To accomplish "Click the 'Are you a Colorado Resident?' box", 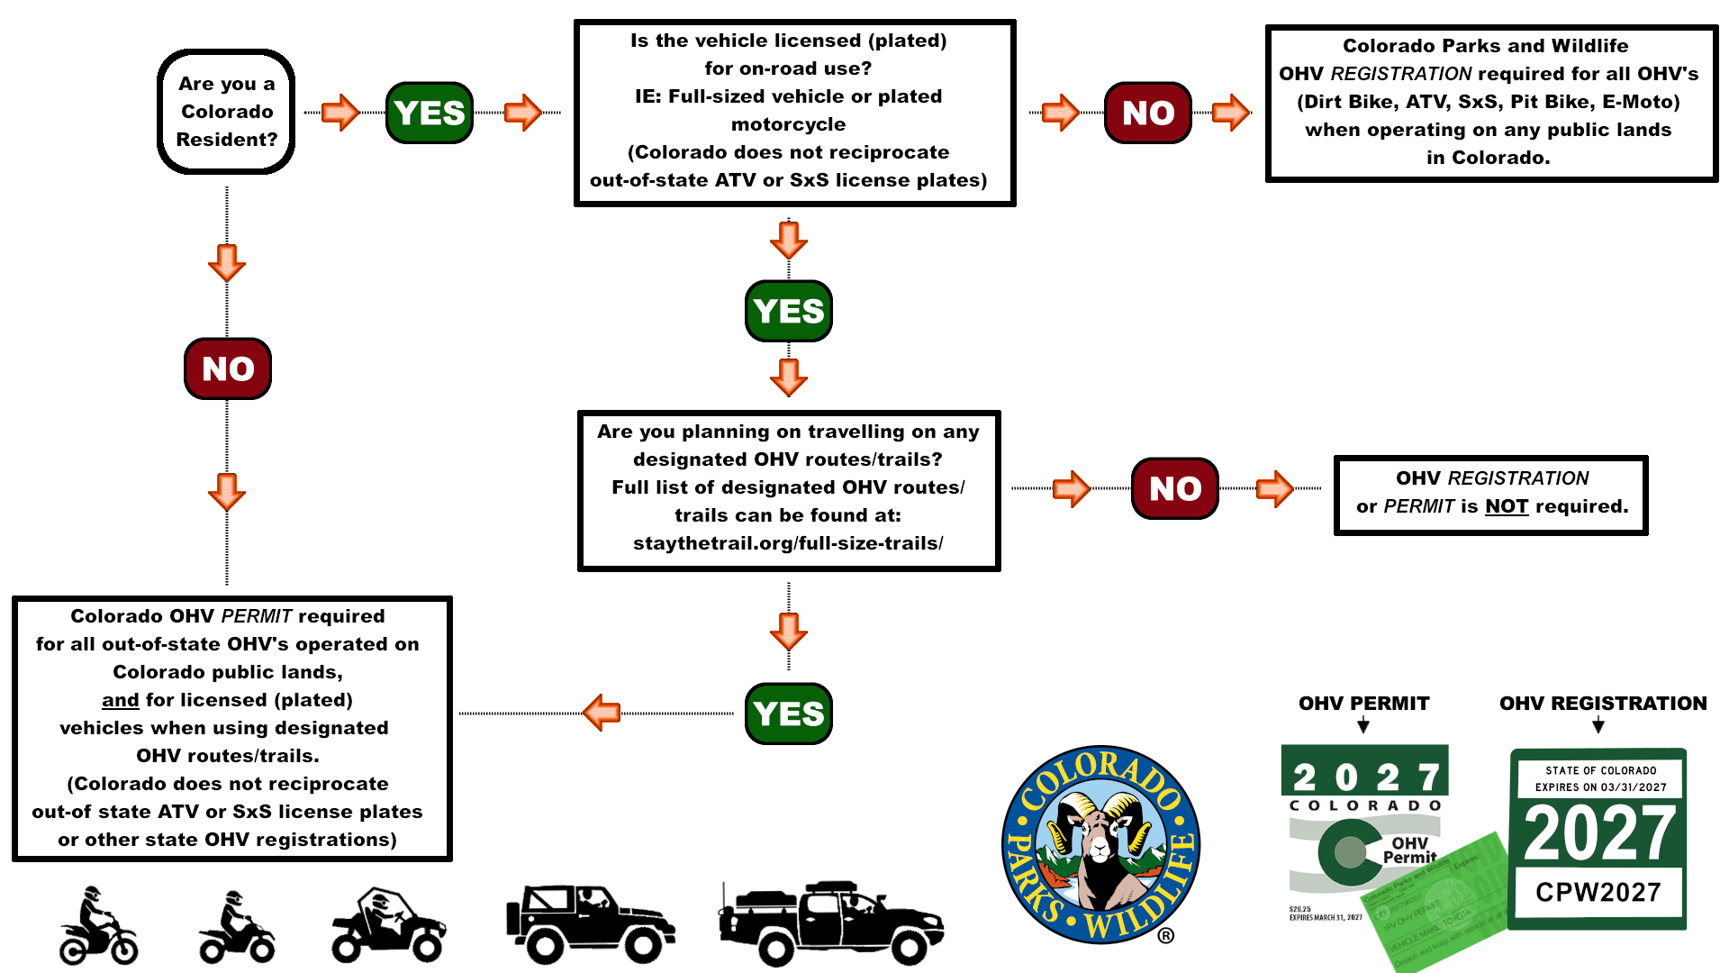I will [226, 112].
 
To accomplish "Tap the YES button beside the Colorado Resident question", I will [430, 113].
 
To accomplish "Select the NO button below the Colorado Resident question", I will [228, 368].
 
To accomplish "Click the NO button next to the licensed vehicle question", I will [1147, 113].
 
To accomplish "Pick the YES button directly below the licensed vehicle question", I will [788, 311].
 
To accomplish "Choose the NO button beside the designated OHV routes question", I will [1174, 488].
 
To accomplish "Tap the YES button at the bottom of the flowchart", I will [788, 714].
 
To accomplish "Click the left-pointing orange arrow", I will [602, 713].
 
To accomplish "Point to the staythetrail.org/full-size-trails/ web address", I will [788, 543].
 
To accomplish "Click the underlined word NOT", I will [1507, 506].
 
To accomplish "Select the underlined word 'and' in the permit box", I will [120, 700].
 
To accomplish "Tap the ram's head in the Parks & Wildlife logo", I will [1100, 842].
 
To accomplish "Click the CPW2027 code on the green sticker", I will [1598, 892].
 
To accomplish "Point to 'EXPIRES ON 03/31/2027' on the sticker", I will [1600, 787].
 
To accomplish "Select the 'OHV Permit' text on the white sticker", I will [1409, 850].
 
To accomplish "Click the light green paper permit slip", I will [1441, 910].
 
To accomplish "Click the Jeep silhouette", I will [590, 923].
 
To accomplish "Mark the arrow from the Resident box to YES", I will [340, 113].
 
